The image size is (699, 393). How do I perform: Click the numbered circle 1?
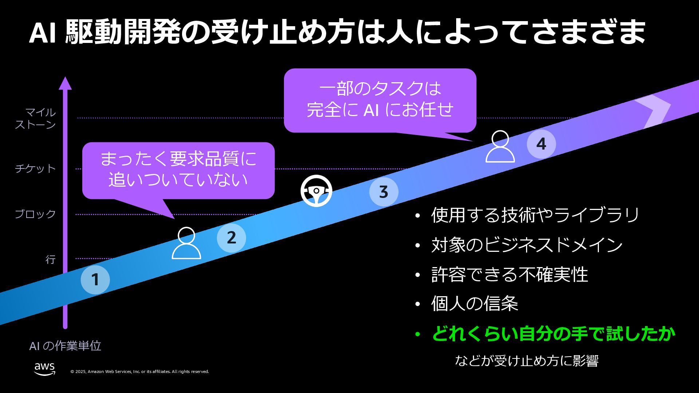[x=95, y=279]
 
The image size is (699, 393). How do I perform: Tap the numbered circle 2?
[x=231, y=238]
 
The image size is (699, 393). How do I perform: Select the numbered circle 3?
[x=383, y=192]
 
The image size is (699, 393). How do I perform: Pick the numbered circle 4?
[x=541, y=144]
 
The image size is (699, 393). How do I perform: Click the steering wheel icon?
[x=316, y=191]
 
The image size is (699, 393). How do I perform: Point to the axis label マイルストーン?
[x=35, y=119]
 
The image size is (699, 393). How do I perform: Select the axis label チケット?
[x=35, y=168]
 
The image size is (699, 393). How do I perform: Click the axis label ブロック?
[x=35, y=214]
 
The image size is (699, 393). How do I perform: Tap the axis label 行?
[x=50, y=259]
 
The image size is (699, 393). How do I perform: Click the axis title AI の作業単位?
[x=65, y=346]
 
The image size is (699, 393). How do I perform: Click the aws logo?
[x=45, y=368]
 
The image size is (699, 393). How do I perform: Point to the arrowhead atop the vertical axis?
[x=65, y=83]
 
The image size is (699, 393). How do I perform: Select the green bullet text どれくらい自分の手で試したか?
[x=553, y=334]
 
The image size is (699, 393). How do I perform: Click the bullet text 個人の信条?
[x=474, y=303]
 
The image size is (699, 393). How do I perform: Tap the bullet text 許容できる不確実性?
[x=509, y=274]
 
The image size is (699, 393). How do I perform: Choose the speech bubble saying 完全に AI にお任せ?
[x=380, y=100]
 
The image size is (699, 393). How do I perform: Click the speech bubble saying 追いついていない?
[x=178, y=170]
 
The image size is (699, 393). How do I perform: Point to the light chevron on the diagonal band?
[x=655, y=111]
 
